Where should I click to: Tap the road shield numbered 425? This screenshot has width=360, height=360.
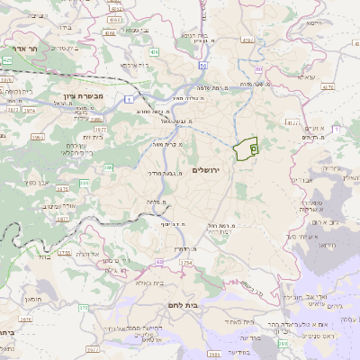tap(7, 59)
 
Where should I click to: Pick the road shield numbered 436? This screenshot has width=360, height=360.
tap(155, 53)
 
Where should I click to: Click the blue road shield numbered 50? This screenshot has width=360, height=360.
tap(203, 66)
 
